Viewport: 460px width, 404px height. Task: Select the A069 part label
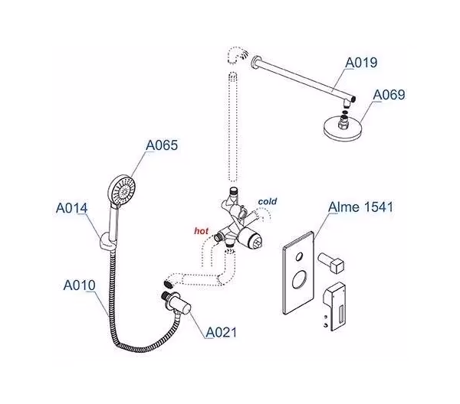[x=389, y=96]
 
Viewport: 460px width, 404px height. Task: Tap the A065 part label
[x=162, y=145]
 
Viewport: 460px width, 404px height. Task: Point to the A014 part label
[x=71, y=207]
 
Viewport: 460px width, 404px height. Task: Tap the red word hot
[x=201, y=229]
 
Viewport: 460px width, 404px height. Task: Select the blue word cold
[x=268, y=201]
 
